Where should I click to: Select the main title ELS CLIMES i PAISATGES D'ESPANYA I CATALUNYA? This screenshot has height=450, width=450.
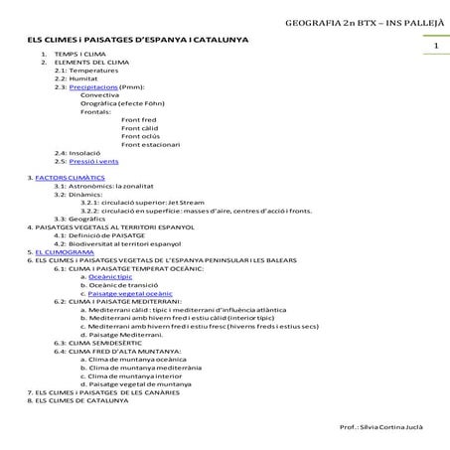138,40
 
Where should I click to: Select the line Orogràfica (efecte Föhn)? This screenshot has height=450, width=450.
116,102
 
